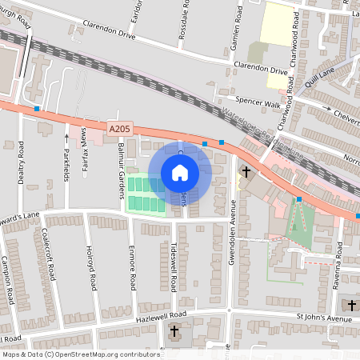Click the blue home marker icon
click(x=180, y=173)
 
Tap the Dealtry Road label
click(x=21, y=162)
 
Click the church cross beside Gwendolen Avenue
click(x=246, y=171)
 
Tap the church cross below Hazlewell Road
click(x=174, y=331)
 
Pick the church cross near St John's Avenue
click(x=352, y=305)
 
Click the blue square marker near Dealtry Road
click(x=37, y=108)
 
